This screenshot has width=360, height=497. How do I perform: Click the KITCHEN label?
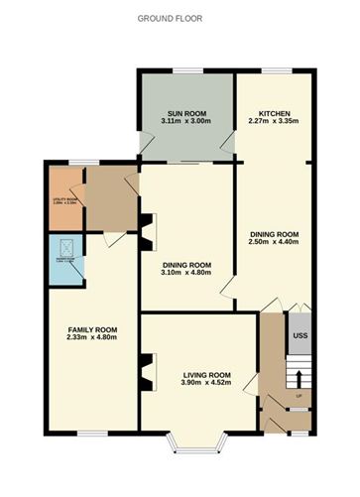[x=274, y=114]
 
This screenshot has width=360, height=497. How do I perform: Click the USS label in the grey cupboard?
[x=300, y=336]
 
